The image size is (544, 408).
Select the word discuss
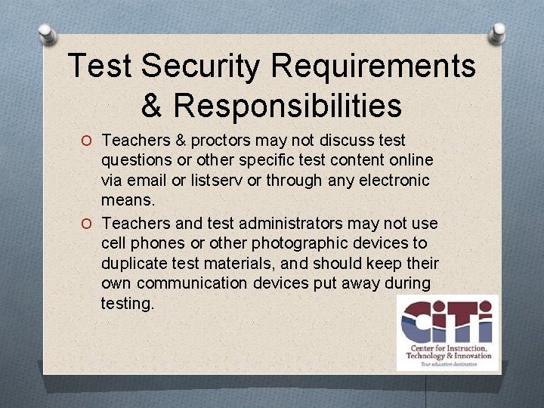click(326, 141)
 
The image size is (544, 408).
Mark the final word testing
click(127, 304)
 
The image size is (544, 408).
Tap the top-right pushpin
click(499, 32)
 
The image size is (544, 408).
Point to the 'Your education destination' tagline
click(448, 363)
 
